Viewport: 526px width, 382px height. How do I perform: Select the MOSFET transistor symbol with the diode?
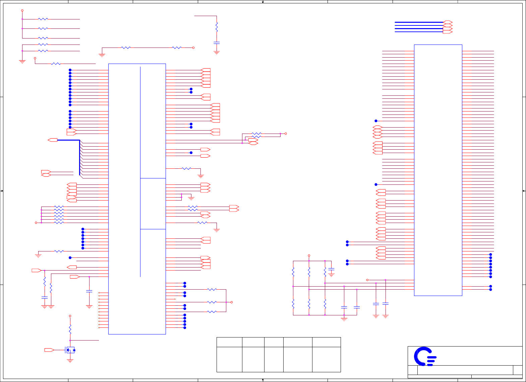click(70, 350)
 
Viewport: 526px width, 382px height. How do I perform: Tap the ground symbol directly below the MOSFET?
click(70, 361)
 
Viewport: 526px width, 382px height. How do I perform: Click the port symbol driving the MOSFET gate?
click(49, 350)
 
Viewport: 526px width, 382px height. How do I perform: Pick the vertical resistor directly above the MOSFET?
click(70, 329)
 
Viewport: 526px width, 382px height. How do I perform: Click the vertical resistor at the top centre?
click(217, 27)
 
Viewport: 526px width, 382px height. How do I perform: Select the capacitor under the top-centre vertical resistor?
click(217, 43)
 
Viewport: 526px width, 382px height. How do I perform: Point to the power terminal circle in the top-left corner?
click(22, 10)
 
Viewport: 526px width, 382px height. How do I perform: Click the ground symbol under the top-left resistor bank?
click(22, 62)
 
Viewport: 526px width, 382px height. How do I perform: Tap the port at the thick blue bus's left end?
click(53, 140)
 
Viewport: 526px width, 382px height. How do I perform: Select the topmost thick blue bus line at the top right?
click(419, 22)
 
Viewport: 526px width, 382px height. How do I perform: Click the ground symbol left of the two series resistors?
click(102, 55)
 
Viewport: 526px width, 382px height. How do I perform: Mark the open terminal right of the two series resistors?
click(193, 48)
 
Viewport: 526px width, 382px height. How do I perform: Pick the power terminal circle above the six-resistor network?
click(309, 255)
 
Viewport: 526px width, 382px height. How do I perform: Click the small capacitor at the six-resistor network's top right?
click(331, 270)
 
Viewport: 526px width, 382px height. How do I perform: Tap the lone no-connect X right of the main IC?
click(175, 299)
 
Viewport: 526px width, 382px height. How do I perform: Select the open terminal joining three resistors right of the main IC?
click(231, 302)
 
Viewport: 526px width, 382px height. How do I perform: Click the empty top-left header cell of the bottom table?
click(229, 342)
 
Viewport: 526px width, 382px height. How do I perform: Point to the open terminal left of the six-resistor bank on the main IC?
click(36, 223)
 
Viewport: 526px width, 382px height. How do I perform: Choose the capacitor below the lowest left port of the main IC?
click(89, 291)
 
